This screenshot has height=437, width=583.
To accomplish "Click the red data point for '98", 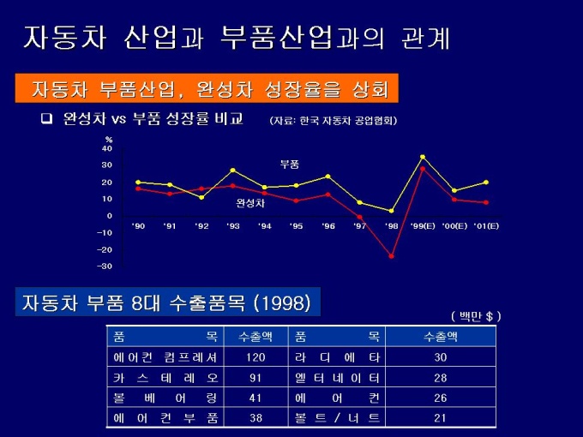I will tap(392, 256).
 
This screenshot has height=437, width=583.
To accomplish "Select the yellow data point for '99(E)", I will tap(423, 157).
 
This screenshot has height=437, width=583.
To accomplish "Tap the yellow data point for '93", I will tap(232, 171).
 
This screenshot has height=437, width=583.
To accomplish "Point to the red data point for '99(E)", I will tap(423, 169).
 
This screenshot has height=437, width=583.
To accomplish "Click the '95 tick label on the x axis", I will tap(296, 226).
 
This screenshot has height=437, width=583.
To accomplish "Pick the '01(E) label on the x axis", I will tap(486, 226).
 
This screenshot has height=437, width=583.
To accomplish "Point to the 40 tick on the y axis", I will tap(107, 148).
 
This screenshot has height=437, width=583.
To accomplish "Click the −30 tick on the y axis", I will tap(105, 266).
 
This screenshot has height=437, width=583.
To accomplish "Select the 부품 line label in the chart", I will tap(290, 164).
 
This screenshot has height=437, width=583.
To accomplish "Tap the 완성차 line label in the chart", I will tap(250, 204).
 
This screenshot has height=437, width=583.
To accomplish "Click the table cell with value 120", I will tap(255, 356).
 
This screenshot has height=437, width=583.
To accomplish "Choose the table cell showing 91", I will tap(255, 377).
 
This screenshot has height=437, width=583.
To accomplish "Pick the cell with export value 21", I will tap(441, 417).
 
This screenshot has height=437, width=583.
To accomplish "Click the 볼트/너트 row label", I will tap(337, 417).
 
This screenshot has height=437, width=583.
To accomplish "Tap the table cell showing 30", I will tap(441, 356).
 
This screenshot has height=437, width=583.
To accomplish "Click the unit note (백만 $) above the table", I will tap(476, 316).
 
